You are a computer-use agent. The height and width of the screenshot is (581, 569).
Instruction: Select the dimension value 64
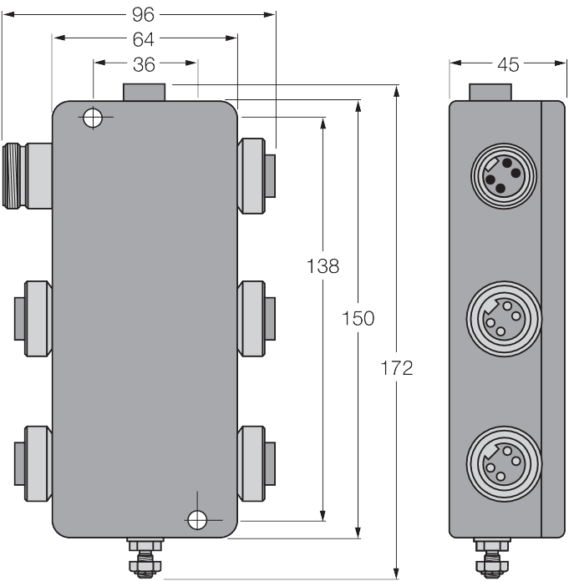145,38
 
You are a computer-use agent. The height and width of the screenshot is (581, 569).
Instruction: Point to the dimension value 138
323,266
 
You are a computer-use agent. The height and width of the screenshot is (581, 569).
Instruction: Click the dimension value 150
358,318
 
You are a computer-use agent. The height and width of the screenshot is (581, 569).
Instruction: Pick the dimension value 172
396,368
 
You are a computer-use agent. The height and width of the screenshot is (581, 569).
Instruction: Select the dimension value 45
507,62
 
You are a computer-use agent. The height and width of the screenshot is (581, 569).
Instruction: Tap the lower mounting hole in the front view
197,520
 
